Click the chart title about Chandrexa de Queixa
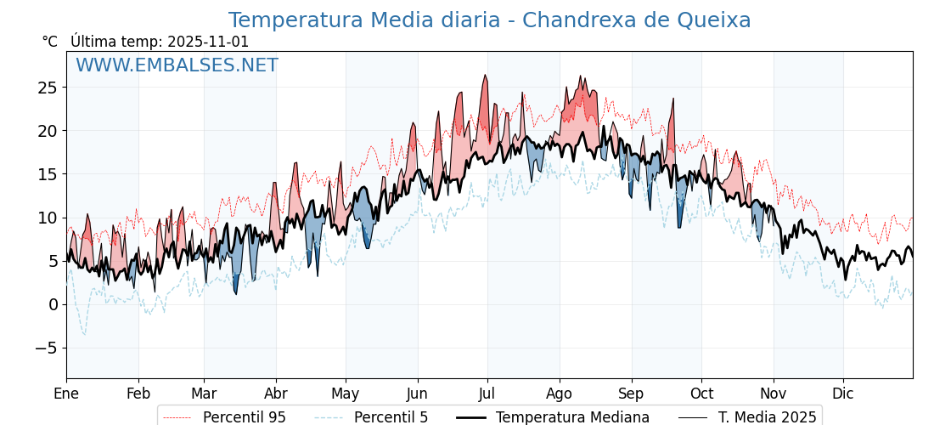[x=489, y=20]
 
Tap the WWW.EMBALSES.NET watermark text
[x=177, y=65]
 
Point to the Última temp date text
[x=160, y=42]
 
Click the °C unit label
[x=50, y=42]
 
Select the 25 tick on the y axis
[x=47, y=88]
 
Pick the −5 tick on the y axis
[x=47, y=348]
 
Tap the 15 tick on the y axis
[x=47, y=174]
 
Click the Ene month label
[x=66, y=394]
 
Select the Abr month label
[x=276, y=394]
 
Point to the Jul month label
[x=487, y=394]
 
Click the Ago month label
[x=560, y=394]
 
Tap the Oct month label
[x=701, y=394]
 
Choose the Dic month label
[x=843, y=394]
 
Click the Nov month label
[x=774, y=394]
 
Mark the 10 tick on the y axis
[x=47, y=218]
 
